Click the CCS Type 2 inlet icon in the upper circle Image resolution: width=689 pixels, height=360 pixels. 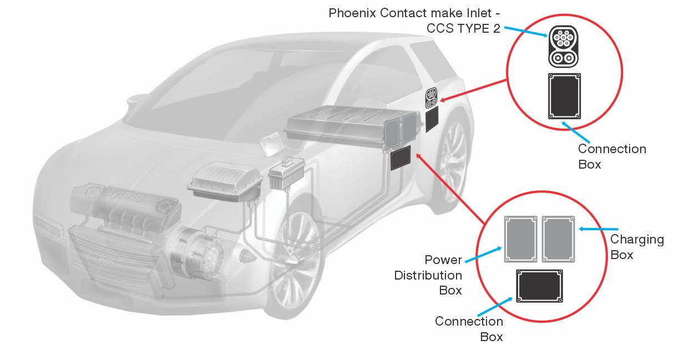tap(563, 46)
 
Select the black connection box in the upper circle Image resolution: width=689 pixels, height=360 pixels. tap(564, 96)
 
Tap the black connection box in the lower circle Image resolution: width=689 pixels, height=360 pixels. tap(539, 286)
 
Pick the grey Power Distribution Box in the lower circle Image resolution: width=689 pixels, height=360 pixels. tap(521, 239)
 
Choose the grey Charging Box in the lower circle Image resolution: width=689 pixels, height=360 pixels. tap(559, 239)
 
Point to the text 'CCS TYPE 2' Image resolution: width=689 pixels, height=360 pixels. tap(463, 28)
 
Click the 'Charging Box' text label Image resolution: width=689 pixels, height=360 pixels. tap(637, 247)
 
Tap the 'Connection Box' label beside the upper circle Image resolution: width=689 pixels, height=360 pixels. tap(611, 156)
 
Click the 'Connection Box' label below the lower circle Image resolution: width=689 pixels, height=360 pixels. tap(469, 329)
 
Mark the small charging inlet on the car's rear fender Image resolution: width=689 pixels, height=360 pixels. tap(432, 98)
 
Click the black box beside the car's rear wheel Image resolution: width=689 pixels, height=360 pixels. tap(432, 119)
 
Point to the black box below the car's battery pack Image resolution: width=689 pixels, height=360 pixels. tap(400, 159)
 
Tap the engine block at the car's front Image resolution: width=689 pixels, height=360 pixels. tap(125, 214)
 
